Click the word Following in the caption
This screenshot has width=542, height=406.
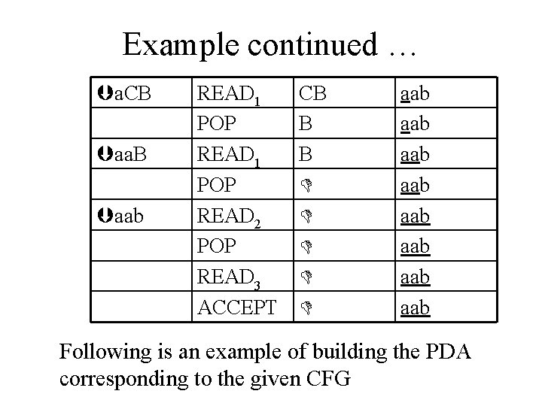105,353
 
